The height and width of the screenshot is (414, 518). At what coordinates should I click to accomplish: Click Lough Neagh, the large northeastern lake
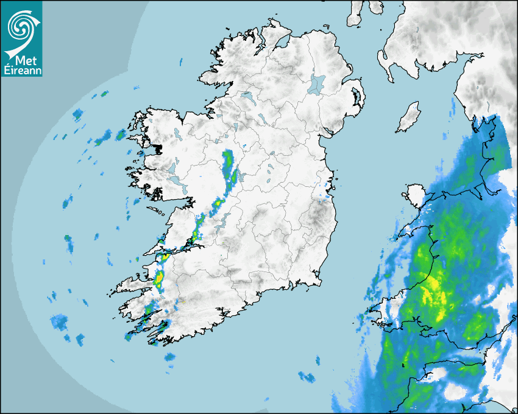317,83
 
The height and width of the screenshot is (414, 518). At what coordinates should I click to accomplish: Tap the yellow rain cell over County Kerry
159,279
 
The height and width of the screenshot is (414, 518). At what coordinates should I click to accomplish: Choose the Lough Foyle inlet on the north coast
282,43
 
